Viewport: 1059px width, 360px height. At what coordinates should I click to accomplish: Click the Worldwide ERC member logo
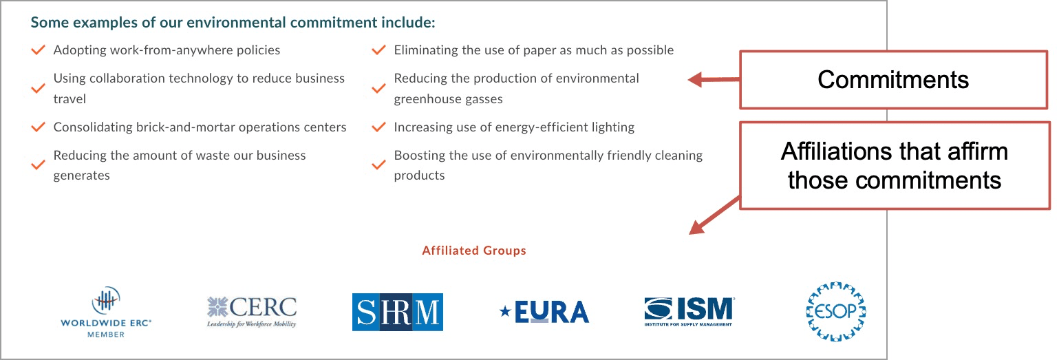(106, 313)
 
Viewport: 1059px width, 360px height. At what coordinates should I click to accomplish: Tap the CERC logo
(252, 312)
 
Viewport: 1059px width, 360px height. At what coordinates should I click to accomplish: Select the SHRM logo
(398, 313)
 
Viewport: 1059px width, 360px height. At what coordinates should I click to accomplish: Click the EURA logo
(544, 313)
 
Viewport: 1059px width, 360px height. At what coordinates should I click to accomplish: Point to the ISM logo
(689, 312)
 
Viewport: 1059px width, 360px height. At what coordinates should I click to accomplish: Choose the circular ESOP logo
(836, 312)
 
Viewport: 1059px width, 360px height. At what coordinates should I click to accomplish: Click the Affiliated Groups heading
(474, 251)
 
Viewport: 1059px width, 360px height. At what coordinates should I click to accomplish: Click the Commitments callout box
(894, 80)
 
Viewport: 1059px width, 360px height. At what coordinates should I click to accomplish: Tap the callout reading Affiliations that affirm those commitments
(895, 166)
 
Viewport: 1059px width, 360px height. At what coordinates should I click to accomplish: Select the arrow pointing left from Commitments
(714, 79)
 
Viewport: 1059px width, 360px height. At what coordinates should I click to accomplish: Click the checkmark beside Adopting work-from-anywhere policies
(39, 50)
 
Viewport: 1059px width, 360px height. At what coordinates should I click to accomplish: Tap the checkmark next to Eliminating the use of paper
(378, 50)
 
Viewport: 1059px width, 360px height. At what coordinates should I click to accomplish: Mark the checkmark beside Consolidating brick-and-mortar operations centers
(39, 127)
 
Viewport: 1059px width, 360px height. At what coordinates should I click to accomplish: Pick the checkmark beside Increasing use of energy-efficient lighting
(378, 127)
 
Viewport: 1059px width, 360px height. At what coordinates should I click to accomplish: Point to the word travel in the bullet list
(69, 99)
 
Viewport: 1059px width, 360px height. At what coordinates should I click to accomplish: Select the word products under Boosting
(419, 176)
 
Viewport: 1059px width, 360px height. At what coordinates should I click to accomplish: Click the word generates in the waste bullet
(81, 176)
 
